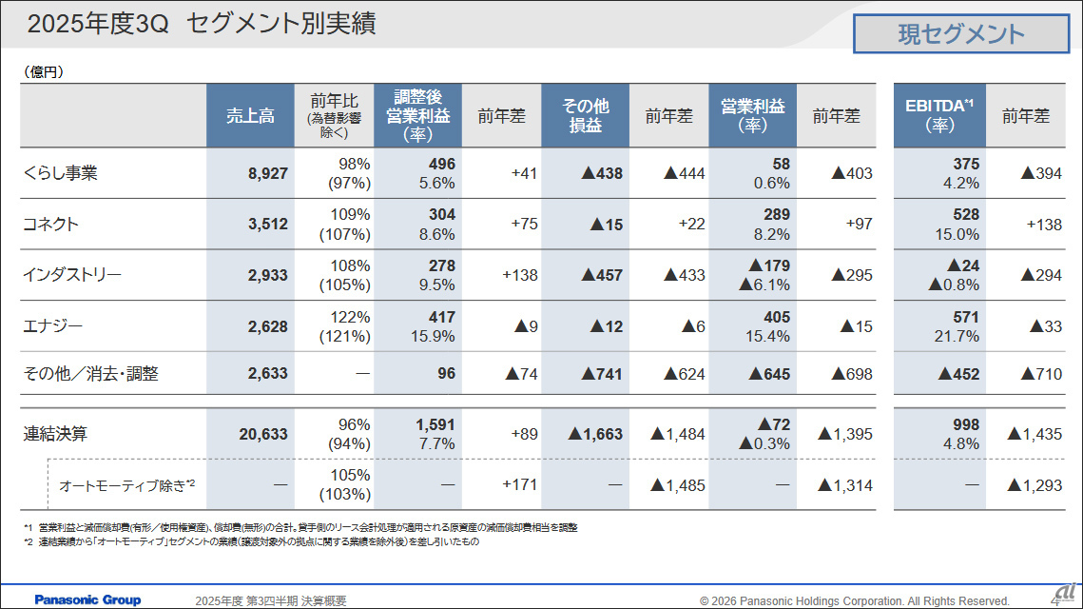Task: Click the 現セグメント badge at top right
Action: [x=961, y=35]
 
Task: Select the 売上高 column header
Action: [x=250, y=116]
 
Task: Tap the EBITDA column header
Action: [x=938, y=116]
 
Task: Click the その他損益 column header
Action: [x=585, y=116]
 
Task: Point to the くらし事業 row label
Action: [x=60, y=173]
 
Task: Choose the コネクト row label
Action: [x=50, y=225]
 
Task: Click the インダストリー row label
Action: [x=72, y=276]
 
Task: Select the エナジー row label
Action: [x=52, y=326]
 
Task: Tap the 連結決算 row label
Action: [x=55, y=434]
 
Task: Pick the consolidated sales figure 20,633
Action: [x=258, y=434]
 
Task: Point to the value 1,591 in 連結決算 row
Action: [x=435, y=424]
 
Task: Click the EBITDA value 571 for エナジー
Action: [x=965, y=317]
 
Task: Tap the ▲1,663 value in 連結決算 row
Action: [x=595, y=434]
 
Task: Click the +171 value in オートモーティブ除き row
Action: [x=519, y=484]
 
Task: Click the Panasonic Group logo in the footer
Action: [x=87, y=599]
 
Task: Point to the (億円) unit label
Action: [x=44, y=71]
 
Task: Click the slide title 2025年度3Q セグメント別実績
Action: [x=201, y=24]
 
